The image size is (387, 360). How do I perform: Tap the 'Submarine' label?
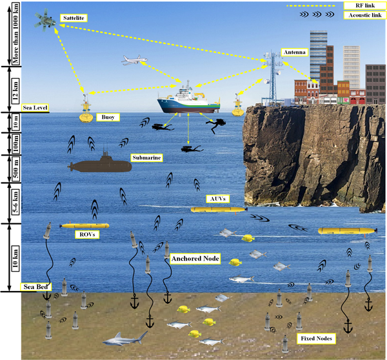146,157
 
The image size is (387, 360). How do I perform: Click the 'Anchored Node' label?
195,259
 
